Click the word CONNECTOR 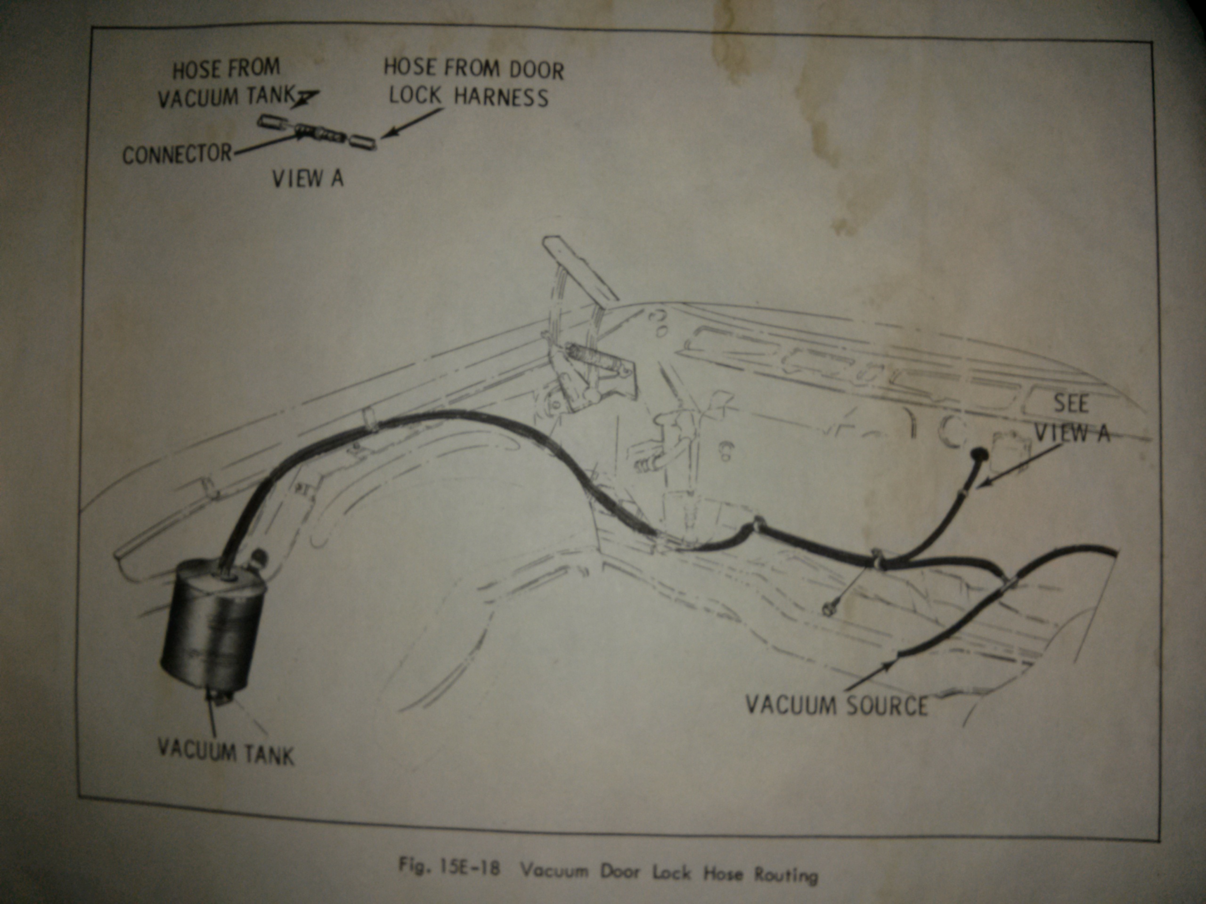[177, 155]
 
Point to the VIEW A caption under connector [308, 178]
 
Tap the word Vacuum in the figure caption [554, 870]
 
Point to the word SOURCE [887, 706]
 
